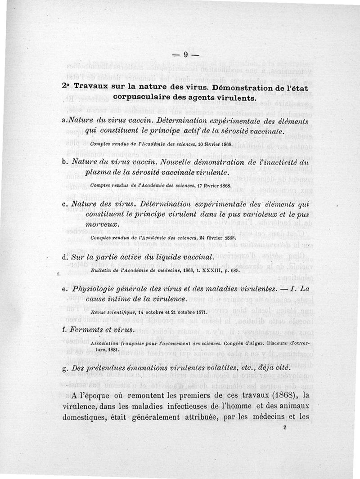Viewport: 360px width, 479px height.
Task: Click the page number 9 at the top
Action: [x=185, y=55]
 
